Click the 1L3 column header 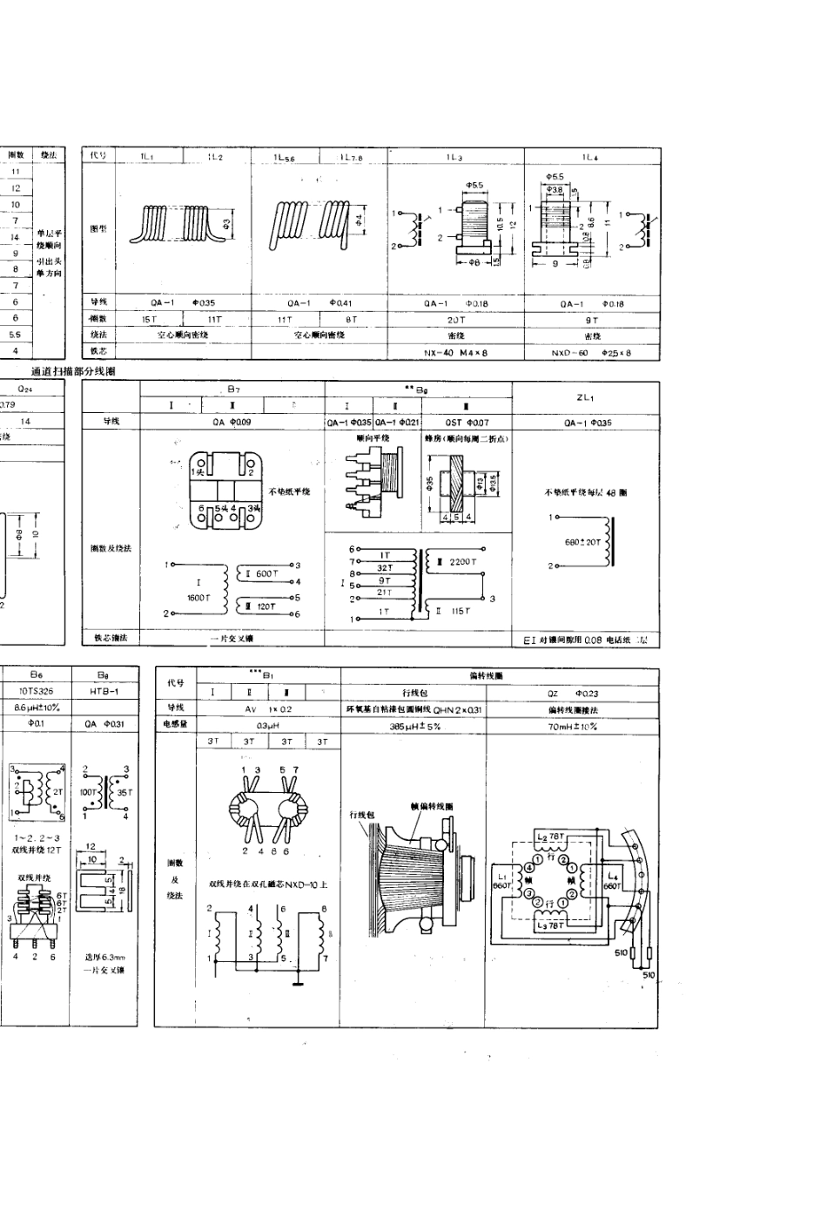pyautogui.click(x=454, y=157)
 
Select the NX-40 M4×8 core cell pyautogui.click(x=455, y=352)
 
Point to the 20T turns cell pyautogui.click(x=455, y=320)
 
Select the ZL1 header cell pyautogui.click(x=585, y=397)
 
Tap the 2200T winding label pyautogui.click(x=462, y=562)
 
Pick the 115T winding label pyautogui.click(x=461, y=611)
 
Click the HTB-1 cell pyautogui.click(x=104, y=690)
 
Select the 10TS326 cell pyautogui.click(x=36, y=690)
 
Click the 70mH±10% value pyautogui.click(x=572, y=725)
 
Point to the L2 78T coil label pyautogui.click(x=551, y=837)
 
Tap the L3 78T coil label pyautogui.click(x=552, y=925)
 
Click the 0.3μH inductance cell pyautogui.click(x=268, y=725)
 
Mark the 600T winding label pyautogui.click(x=263, y=573)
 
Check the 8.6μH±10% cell pyautogui.click(x=36, y=708)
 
